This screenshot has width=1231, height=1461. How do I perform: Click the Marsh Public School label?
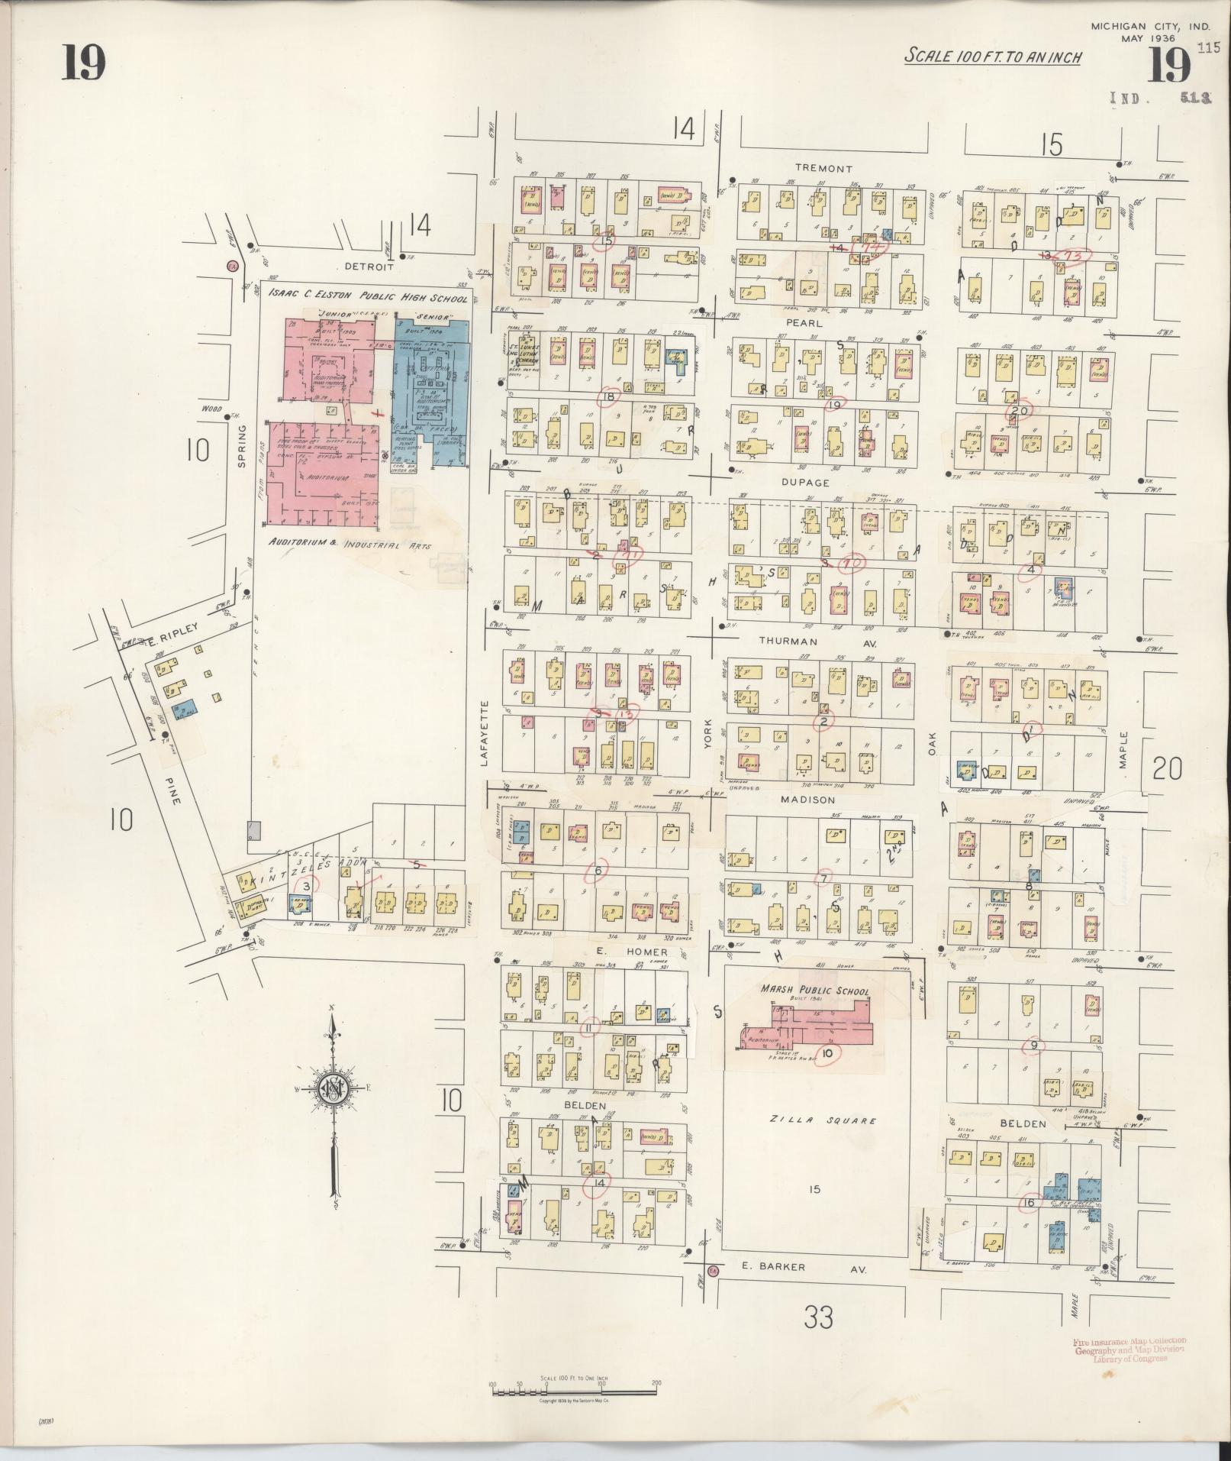(x=814, y=991)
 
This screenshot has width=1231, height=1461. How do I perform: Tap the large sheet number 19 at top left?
(x=83, y=63)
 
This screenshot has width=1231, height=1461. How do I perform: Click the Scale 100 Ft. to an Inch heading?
(x=992, y=57)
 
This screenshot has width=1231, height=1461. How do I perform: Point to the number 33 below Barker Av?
(x=817, y=1317)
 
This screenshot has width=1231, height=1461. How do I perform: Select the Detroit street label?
(x=369, y=267)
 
